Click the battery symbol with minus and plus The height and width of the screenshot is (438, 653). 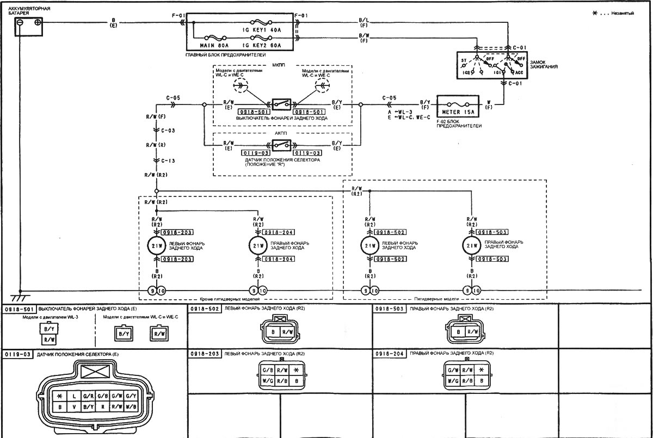(x=28, y=26)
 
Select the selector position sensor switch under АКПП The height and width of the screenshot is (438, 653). (x=280, y=145)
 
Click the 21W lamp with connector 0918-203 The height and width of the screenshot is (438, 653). (x=156, y=245)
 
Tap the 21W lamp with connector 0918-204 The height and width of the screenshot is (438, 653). (x=257, y=245)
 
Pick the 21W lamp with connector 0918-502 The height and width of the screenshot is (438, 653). (x=369, y=245)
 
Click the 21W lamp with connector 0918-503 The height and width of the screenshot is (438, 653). (x=470, y=245)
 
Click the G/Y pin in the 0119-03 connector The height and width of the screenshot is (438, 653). (x=131, y=395)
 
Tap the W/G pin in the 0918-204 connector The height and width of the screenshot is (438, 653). (x=451, y=381)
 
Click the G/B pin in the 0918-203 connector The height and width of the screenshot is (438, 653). (x=267, y=370)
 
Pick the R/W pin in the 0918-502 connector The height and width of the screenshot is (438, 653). (x=287, y=331)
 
